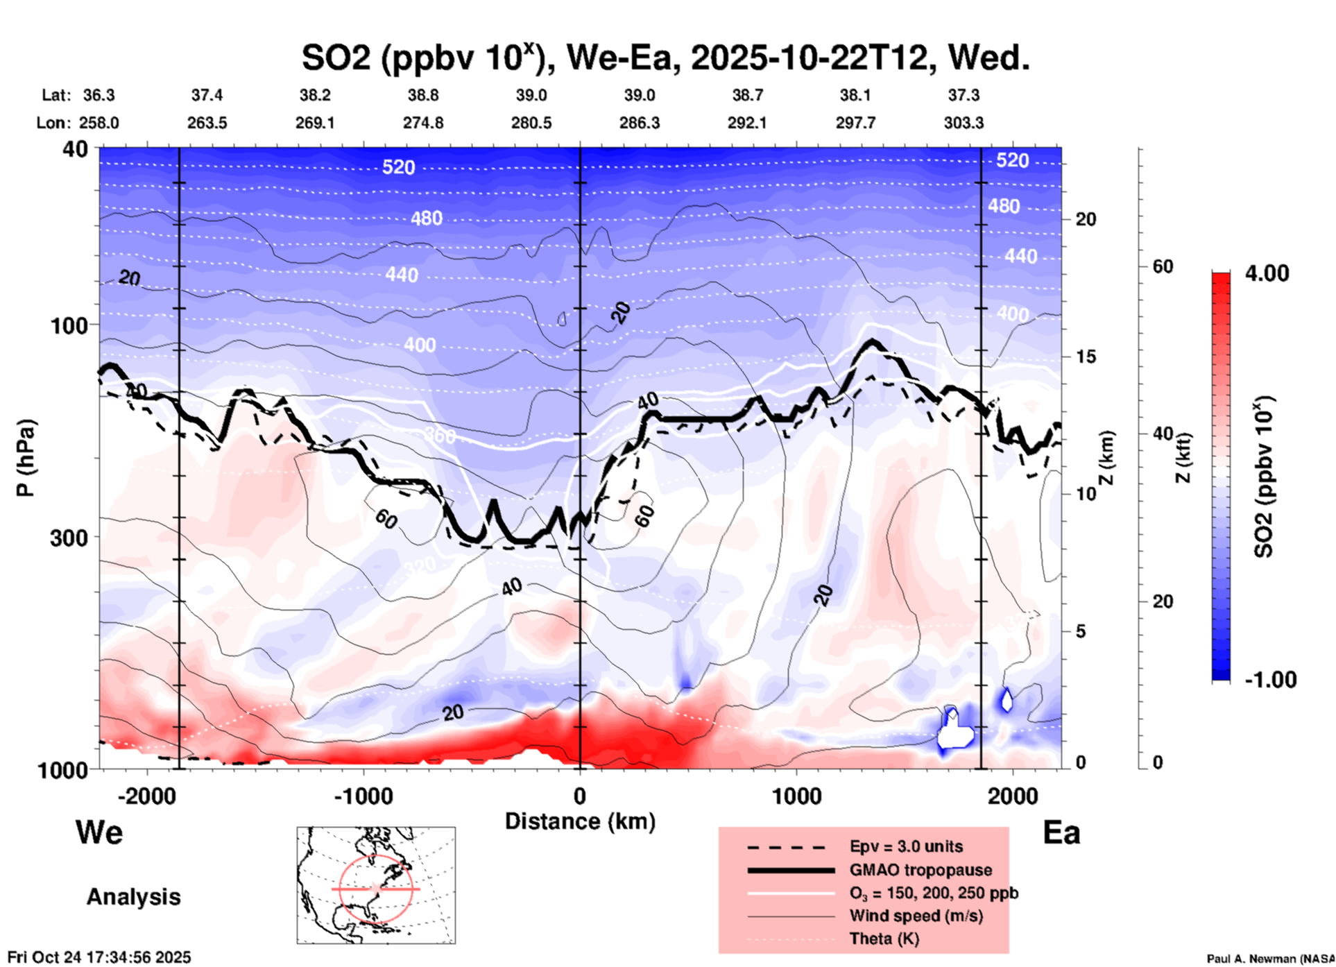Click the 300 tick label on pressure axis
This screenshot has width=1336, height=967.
coord(69,538)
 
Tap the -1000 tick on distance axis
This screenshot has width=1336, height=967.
coord(363,796)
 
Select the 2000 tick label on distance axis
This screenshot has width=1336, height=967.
coord(1012,796)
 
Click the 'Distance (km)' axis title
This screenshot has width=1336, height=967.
coord(580,821)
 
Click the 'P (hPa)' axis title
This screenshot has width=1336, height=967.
coord(26,457)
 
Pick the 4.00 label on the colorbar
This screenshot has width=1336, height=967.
coord(1267,273)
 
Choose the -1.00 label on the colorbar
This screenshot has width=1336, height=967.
coord(1270,680)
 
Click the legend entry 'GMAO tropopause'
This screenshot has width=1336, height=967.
coord(920,870)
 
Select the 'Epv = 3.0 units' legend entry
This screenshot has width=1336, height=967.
coord(905,846)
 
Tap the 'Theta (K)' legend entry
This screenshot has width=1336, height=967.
coord(884,939)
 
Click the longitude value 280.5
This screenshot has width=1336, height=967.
coord(531,123)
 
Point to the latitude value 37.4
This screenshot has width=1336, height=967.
coord(207,95)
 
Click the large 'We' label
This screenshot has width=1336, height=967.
coord(99,832)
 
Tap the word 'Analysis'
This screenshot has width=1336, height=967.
coord(133,897)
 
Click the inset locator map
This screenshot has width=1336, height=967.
coord(376,884)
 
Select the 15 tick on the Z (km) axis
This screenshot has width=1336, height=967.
coord(1086,357)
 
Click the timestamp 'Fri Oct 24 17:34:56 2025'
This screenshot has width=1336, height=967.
coord(99,957)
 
